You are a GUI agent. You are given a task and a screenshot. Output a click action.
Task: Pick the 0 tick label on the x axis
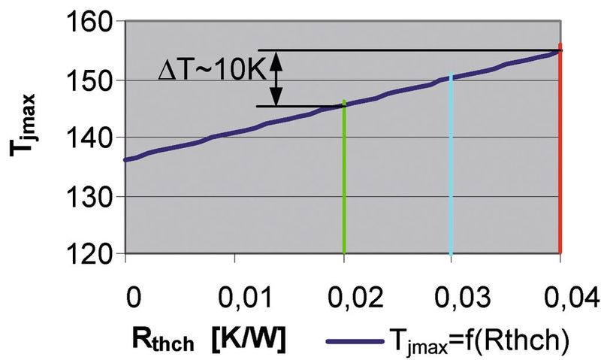[x=133, y=295]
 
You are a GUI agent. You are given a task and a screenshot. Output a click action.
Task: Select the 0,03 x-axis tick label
[x=452, y=295]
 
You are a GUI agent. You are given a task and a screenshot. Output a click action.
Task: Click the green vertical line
[x=344, y=188]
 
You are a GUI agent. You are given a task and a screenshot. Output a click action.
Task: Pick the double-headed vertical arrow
[x=276, y=78]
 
